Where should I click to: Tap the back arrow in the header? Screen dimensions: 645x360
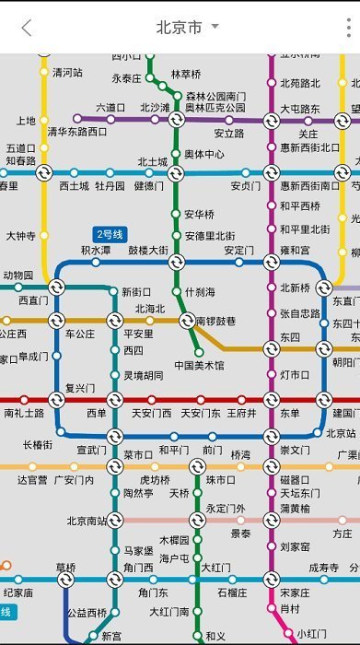(27, 28)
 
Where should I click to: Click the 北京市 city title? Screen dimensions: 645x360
(179, 28)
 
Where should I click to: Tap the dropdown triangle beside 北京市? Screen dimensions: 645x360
(215, 27)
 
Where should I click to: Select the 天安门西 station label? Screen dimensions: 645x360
(154, 413)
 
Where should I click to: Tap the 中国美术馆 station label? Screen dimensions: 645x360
(199, 365)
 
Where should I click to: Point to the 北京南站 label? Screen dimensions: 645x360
(87, 521)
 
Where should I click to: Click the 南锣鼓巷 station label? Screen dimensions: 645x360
(215, 321)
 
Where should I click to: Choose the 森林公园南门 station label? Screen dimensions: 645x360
(216, 96)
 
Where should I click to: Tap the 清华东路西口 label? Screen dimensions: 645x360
(77, 131)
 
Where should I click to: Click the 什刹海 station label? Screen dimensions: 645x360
(199, 292)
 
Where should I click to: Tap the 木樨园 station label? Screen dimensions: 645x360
(174, 540)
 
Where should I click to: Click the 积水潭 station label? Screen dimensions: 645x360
(96, 250)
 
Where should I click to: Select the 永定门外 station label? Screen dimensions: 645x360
(226, 508)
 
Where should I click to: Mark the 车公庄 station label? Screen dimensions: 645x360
(79, 334)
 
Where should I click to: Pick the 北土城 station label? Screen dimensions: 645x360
(153, 162)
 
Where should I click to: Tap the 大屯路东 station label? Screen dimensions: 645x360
(300, 109)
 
